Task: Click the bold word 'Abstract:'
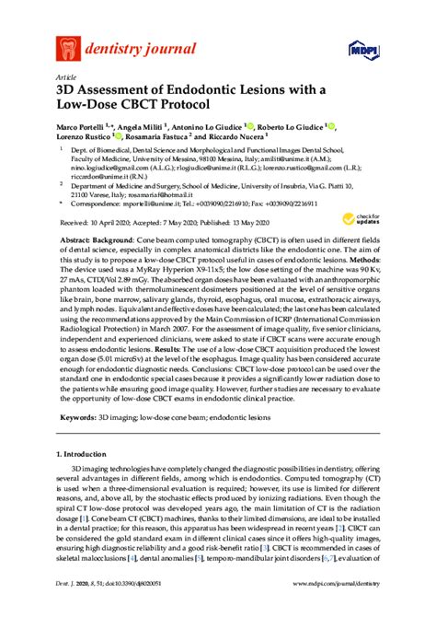[79, 238]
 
